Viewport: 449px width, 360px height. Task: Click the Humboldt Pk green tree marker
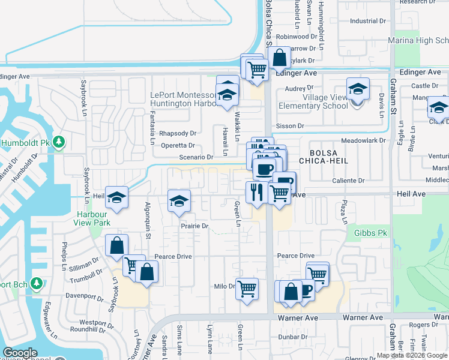click(x=58, y=142)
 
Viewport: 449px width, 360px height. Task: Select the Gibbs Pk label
click(x=371, y=233)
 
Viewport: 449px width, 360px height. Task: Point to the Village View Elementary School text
click(x=313, y=101)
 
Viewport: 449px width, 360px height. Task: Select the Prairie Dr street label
click(x=194, y=226)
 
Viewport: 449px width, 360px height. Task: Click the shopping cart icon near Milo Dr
click(x=247, y=289)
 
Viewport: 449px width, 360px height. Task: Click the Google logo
click(x=20, y=352)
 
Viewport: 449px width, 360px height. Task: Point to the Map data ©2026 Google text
click(x=411, y=355)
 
